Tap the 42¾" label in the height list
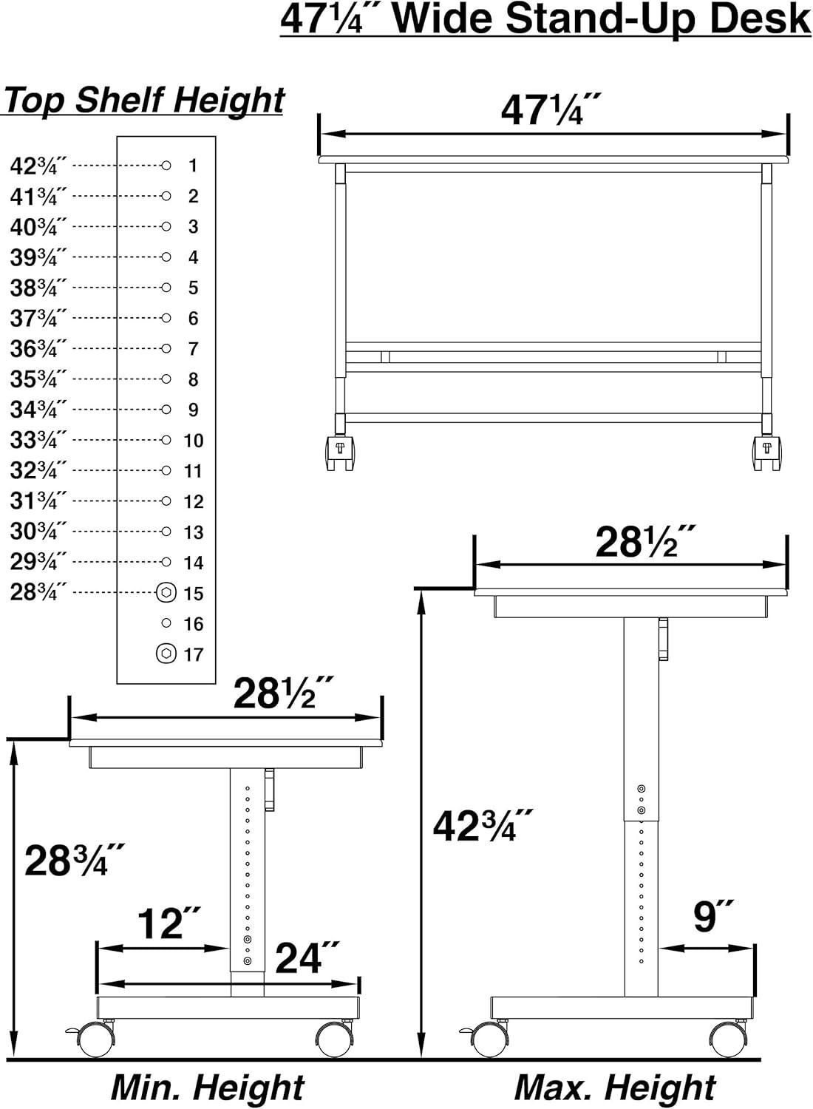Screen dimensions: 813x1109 click(38, 166)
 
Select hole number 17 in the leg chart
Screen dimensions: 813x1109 click(166, 654)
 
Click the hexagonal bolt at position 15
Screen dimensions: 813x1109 click(166, 593)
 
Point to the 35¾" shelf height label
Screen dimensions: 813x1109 click(38, 379)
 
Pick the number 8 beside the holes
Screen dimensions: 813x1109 click(193, 380)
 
